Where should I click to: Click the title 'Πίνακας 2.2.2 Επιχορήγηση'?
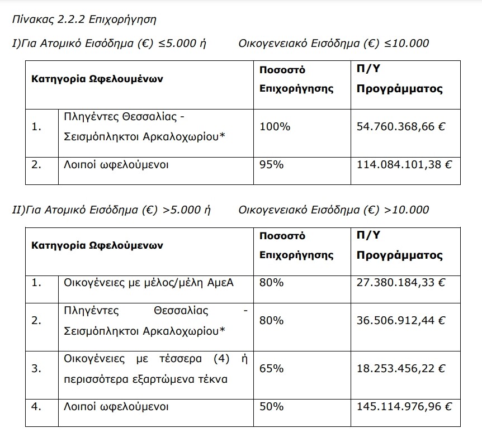point(84,20)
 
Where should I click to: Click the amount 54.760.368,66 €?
point(400,127)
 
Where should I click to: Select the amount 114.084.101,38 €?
point(404,165)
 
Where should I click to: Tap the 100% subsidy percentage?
point(275,127)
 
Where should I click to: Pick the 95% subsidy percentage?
point(272,165)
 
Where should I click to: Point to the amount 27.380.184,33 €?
point(400,283)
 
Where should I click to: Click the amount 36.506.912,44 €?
point(400,321)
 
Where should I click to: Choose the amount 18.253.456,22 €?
point(400,368)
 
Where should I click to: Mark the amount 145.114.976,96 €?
point(404,406)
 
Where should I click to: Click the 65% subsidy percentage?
point(272,368)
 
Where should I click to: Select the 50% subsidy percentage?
point(272,406)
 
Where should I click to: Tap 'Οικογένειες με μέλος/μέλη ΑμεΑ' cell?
point(149,283)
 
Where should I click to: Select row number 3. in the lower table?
point(37,368)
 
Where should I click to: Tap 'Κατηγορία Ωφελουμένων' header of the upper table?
point(97,79)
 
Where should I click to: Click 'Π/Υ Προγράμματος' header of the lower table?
point(399,245)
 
